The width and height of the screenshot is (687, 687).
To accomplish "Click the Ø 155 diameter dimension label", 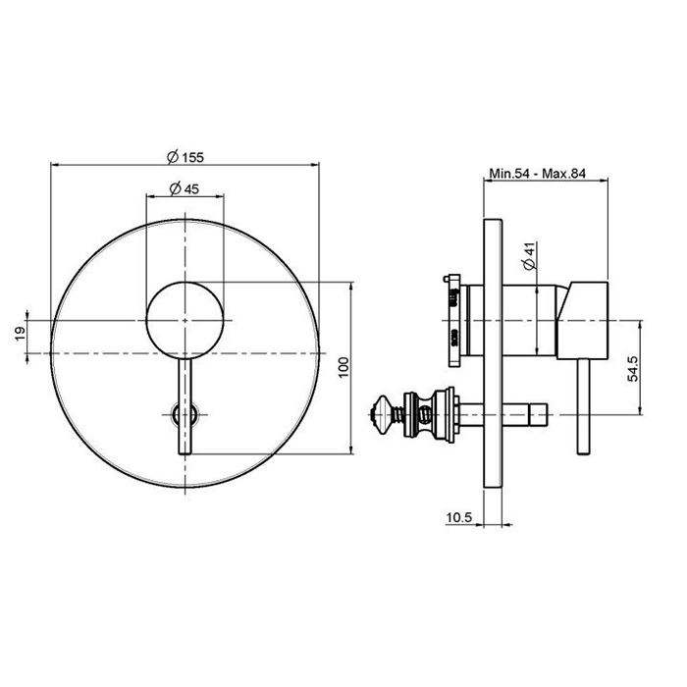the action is pyautogui.click(x=185, y=156).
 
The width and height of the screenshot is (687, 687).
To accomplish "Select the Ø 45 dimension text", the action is pyautogui.click(x=184, y=188).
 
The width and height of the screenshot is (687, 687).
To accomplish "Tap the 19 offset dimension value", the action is pyautogui.click(x=21, y=335).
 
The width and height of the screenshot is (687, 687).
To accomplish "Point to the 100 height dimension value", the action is pyautogui.click(x=343, y=367).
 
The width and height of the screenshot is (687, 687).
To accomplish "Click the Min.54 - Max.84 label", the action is pyautogui.click(x=537, y=174).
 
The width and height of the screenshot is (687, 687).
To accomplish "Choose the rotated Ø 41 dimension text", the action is pyautogui.click(x=530, y=256).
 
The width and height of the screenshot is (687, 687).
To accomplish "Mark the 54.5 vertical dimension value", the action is pyautogui.click(x=633, y=368).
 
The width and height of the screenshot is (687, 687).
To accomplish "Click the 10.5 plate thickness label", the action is pyautogui.click(x=458, y=518).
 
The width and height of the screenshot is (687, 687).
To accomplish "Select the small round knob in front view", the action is pyautogui.click(x=185, y=320).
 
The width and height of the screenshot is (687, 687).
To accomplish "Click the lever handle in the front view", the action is pyautogui.click(x=185, y=405).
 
